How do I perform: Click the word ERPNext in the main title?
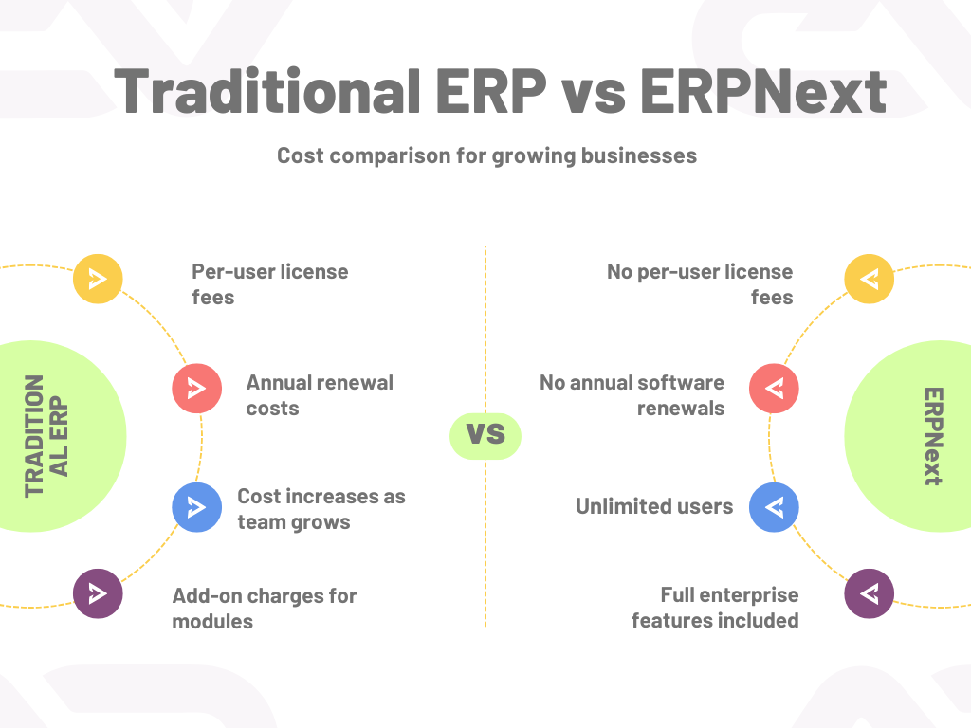763,91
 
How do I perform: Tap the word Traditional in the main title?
267,91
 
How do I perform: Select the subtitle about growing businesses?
486,156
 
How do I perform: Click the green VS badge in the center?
485,436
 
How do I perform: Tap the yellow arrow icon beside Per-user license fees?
98,279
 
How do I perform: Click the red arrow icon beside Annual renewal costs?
197,388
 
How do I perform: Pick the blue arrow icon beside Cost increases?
197,507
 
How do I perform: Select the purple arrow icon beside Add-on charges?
98,593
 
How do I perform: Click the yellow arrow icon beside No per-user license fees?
869,279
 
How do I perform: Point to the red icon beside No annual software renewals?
774,388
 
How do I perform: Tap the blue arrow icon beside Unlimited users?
774,507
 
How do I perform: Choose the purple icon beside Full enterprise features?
869,593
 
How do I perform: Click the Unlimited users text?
654,506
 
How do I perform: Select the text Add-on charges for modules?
265,608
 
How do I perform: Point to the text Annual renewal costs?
320,395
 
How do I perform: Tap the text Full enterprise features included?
715,608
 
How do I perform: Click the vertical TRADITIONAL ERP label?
46,436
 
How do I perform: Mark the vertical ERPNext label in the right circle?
933,436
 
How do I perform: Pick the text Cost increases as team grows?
321,509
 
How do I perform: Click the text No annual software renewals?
632,395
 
